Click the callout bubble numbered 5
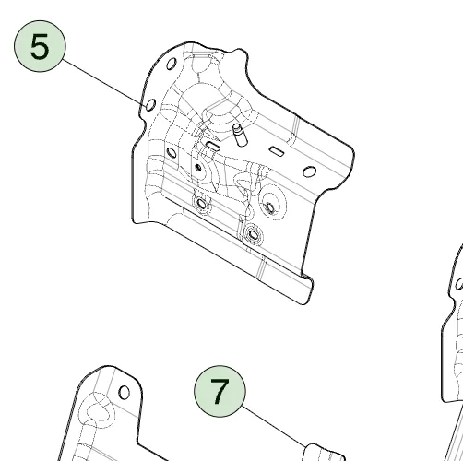tap(40, 46)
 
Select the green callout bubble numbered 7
tap(220, 391)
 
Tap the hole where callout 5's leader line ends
tap(150, 105)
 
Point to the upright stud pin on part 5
tap(240, 135)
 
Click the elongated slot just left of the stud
tap(213, 146)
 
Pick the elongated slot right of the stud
tap(277, 151)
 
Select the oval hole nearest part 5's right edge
tap(309, 171)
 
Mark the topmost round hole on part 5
tap(172, 64)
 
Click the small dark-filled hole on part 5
tap(198, 168)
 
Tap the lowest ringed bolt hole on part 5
tap(253, 235)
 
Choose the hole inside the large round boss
tap(270, 207)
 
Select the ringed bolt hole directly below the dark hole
tap(201, 203)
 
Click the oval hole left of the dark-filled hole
tap(172, 152)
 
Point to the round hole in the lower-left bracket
tap(125, 393)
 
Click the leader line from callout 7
tap(274, 426)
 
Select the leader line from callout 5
tap(104, 82)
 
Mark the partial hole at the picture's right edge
tap(459, 283)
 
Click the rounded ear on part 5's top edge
tap(239, 55)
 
